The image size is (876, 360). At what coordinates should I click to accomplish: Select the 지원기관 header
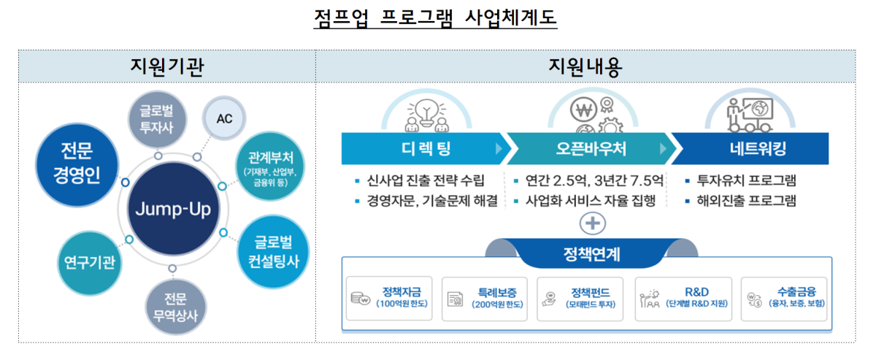pyautogui.click(x=166, y=67)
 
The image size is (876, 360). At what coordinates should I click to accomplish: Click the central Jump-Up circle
pyautogui.click(x=172, y=210)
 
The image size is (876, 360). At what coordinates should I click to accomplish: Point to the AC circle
pyautogui.click(x=225, y=119)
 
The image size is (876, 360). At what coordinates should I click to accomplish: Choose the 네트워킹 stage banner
pyautogui.click(x=753, y=149)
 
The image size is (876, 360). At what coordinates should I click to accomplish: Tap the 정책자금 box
pyautogui.click(x=390, y=297)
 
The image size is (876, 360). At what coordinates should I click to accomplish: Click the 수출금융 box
pyautogui.click(x=785, y=297)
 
